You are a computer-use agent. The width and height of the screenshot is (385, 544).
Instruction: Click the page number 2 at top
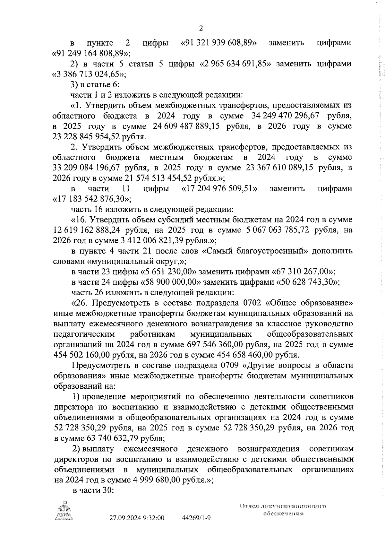coord(201,29)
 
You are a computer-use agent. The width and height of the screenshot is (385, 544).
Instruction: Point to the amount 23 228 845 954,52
coord(85,136)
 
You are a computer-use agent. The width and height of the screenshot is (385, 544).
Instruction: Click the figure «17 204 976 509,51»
coord(219,189)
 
